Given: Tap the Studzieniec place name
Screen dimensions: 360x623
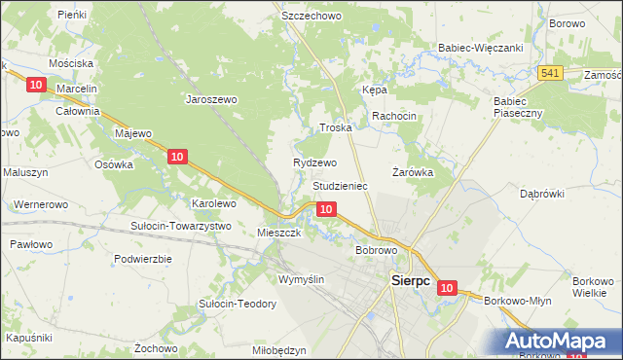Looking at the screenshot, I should (340, 185).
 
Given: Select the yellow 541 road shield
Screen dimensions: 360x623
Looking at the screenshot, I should (550, 73).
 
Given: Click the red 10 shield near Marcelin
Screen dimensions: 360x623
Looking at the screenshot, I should (36, 86).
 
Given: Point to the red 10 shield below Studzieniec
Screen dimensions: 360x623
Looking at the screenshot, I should (327, 209).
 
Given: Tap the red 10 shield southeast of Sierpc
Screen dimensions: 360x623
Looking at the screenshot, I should (446, 288).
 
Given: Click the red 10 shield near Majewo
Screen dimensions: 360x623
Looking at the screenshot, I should (176, 157).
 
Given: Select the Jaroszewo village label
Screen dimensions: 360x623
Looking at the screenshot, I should (212, 99).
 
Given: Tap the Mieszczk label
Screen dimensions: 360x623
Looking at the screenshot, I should (278, 234).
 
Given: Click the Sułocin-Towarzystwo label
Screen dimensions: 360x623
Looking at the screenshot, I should (180, 226).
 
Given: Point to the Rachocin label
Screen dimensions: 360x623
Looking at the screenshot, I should (393, 116).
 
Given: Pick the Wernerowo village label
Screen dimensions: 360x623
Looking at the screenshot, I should (41, 205).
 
